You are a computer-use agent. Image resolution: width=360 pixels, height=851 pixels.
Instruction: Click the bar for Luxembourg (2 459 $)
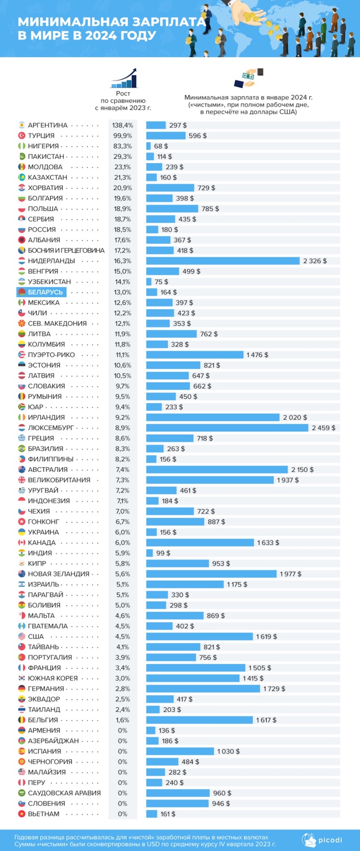pos(227,428)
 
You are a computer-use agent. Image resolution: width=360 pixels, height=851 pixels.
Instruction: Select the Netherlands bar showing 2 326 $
pos(223,261)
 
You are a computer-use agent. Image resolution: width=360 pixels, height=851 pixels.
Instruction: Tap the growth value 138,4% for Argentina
pos(122,125)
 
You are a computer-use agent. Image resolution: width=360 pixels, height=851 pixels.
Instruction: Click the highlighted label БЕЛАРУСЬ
pos(45,292)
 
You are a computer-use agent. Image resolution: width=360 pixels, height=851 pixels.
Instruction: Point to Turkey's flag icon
pos(22,136)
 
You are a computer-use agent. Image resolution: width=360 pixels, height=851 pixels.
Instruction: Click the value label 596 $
pos(198,136)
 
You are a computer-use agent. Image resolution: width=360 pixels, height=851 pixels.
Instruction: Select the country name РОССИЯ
pos(42,230)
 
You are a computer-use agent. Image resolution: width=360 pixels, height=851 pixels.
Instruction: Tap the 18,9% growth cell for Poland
pos(122,209)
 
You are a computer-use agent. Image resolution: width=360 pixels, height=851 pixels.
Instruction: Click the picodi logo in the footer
pos(322,840)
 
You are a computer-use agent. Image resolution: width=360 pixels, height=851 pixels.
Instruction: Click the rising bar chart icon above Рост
pos(124,78)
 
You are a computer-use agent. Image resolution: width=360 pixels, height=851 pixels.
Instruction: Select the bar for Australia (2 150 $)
pos(217,470)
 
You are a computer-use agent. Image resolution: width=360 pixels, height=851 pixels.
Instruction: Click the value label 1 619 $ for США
pos(266,637)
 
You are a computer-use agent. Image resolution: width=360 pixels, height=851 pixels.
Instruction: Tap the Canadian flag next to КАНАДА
pos(22,543)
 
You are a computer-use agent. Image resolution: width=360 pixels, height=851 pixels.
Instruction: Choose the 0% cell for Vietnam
pos(122,814)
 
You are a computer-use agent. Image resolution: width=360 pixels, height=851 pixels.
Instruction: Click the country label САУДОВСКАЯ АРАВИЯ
pos(64,793)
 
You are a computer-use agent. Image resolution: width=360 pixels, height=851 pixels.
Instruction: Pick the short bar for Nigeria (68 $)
pos(148,146)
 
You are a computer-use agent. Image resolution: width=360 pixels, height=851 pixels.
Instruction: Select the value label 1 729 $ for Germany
pos(274,689)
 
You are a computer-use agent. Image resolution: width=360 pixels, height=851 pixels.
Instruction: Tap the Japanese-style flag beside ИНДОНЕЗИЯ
pos(22,501)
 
